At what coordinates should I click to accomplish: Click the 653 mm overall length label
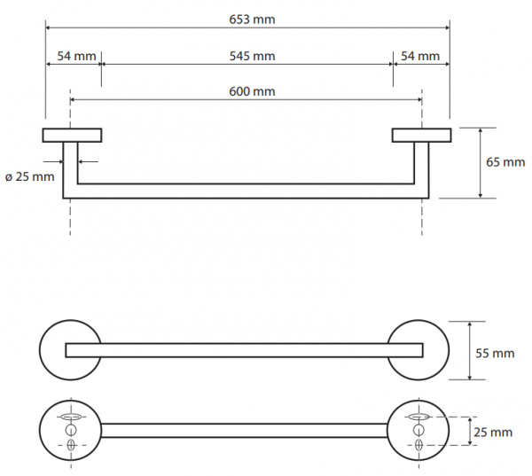(252, 20)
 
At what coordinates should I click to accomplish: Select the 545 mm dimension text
(252, 56)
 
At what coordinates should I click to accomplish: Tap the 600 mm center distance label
(252, 91)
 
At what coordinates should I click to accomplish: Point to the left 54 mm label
(76, 56)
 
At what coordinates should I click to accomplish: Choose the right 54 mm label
(420, 56)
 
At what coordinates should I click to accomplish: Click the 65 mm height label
(505, 162)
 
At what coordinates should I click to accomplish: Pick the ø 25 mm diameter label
(30, 176)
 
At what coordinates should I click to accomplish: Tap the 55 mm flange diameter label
(495, 353)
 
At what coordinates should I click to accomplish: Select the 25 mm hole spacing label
(493, 433)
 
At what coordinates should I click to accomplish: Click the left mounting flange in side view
(72, 135)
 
